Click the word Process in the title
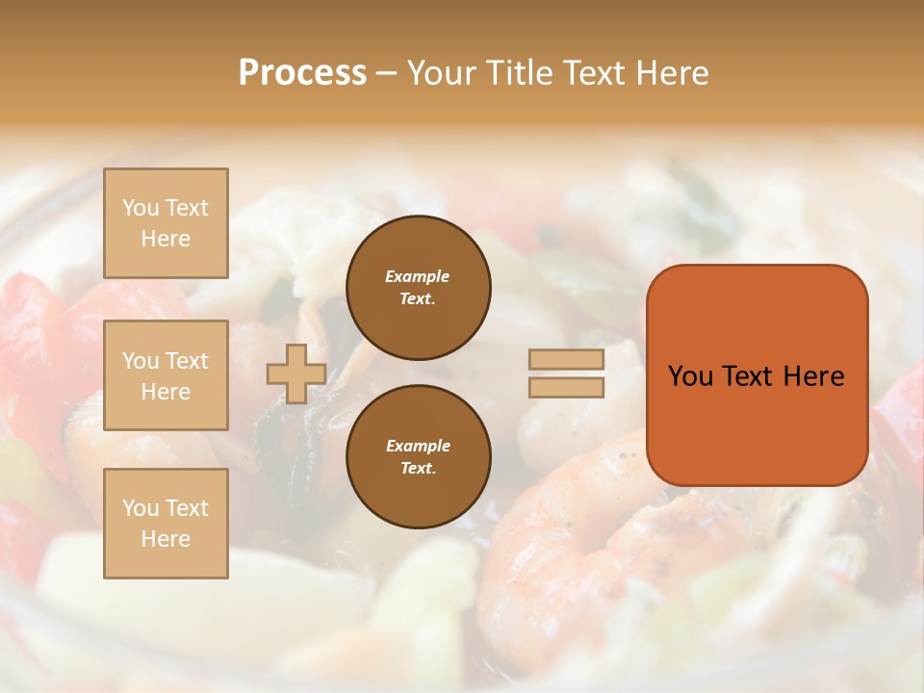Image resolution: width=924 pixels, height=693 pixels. pos(302,73)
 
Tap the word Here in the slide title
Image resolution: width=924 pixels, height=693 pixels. pos(670,73)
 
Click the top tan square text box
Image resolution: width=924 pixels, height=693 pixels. pos(166,223)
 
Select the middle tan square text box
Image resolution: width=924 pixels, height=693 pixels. pos(166,375)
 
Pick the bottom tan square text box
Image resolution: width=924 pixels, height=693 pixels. pos(166,524)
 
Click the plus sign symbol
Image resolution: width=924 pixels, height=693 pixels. pos(296,373)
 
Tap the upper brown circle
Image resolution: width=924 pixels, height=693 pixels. pos(418,287)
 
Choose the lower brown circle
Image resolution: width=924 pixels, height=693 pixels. pos(418,456)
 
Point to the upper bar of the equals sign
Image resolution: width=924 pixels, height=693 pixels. pos(566,360)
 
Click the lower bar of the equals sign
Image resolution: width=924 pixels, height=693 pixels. pos(566,388)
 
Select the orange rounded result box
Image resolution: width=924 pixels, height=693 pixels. pos(757,375)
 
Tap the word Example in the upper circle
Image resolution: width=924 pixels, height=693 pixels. pos(418,276)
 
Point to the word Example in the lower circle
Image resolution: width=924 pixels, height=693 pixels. pos(418,446)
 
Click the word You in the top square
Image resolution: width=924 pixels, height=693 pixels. pos(140,208)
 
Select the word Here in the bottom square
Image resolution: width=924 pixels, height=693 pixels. pos(166,539)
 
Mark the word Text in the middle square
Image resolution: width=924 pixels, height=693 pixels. pos(187,361)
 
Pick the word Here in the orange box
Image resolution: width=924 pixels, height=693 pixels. pos(813,376)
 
